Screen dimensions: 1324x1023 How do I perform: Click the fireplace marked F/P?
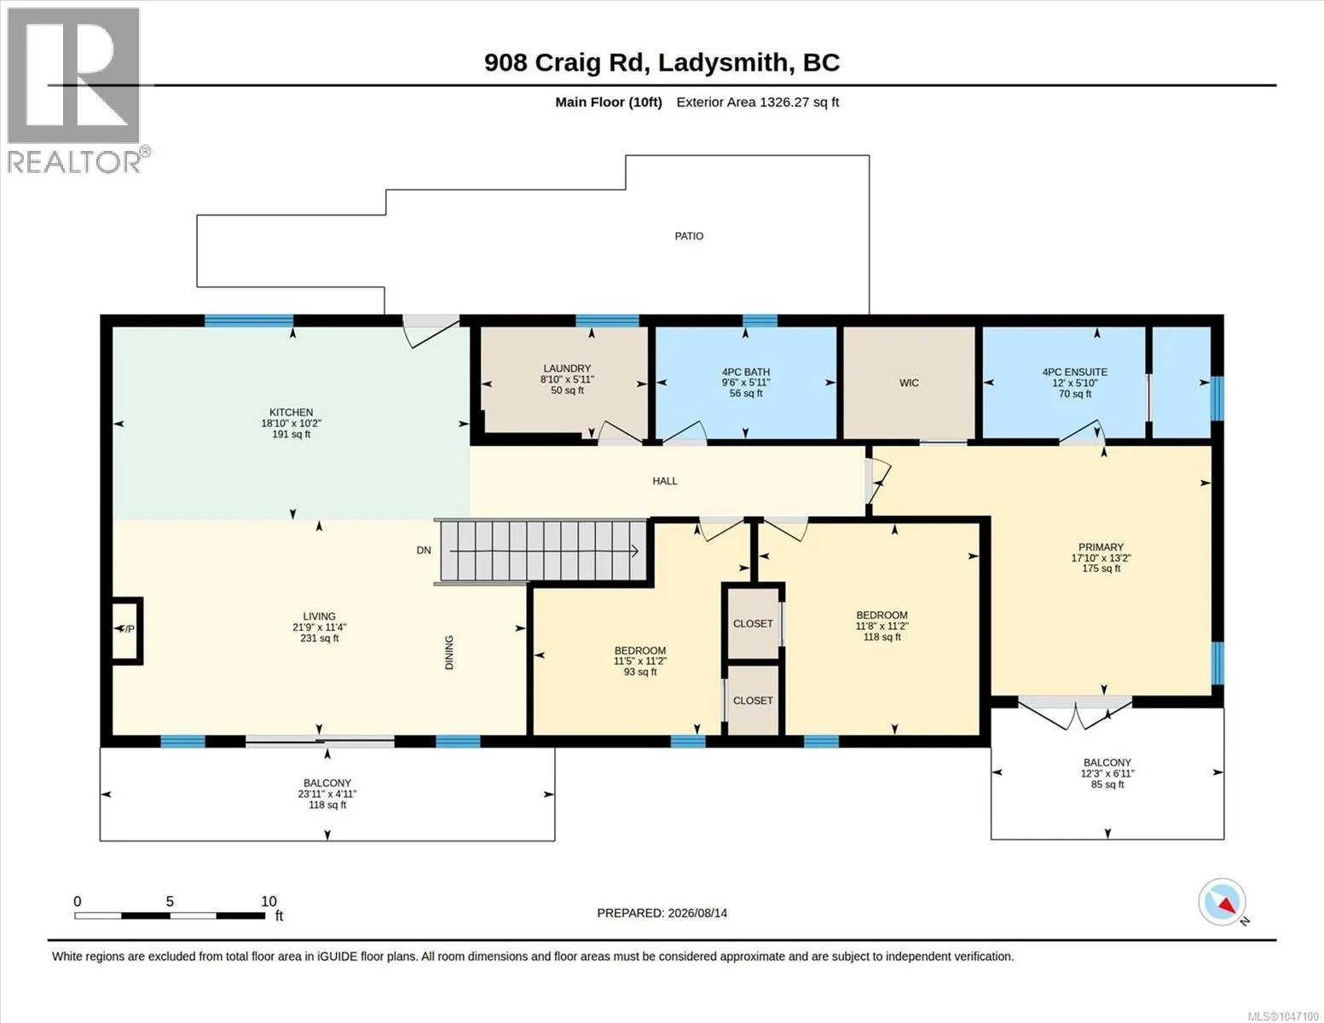click(127, 630)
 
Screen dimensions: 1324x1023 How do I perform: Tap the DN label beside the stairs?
click(424, 550)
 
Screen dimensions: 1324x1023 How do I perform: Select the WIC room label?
click(909, 383)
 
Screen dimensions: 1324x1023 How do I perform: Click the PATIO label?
click(689, 236)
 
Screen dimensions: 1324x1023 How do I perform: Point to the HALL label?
click(665, 481)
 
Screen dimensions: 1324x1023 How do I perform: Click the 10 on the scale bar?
click(269, 901)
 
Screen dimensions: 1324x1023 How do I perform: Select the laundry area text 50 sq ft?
click(567, 390)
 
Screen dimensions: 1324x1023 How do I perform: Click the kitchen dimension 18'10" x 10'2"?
click(292, 423)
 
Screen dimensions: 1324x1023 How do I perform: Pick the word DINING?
click(449, 652)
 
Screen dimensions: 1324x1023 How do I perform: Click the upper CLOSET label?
click(753, 623)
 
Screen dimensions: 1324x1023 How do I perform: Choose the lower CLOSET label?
click(753, 701)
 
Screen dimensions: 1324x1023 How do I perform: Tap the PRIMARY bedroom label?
click(1101, 547)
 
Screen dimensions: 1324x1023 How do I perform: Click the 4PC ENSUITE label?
click(1075, 372)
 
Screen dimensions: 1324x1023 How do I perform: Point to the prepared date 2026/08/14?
click(697, 913)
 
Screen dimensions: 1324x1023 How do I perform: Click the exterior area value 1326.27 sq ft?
click(798, 101)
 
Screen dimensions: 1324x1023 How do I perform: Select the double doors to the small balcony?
click(1075, 712)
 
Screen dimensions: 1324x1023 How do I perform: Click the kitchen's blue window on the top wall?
click(249, 321)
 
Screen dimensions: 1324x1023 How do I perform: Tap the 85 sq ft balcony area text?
click(1107, 784)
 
